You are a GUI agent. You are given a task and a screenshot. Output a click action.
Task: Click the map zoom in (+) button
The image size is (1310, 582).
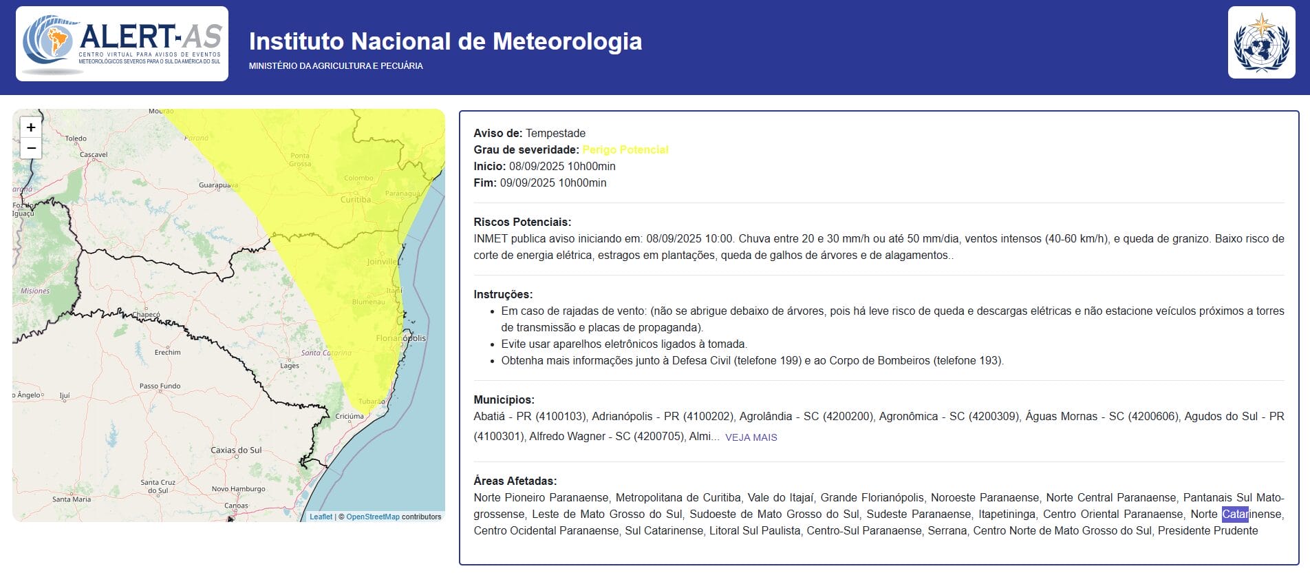point(31,127)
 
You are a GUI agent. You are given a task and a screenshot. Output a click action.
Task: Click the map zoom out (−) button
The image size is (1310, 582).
point(31,148)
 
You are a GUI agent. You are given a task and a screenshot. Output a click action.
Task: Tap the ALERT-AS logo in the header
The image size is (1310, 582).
point(122,43)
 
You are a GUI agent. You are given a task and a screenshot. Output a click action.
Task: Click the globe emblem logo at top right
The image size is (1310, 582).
point(1261,43)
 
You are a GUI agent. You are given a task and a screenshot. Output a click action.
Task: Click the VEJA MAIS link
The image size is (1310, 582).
point(751,437)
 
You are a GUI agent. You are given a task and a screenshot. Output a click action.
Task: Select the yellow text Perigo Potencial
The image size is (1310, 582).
point(625,149)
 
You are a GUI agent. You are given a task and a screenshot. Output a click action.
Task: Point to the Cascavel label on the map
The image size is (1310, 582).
point(94,154)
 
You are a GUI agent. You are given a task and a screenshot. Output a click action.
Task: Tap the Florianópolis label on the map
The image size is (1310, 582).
point(400,338)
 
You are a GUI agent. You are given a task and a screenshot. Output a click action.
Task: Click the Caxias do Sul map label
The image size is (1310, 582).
point(236,450)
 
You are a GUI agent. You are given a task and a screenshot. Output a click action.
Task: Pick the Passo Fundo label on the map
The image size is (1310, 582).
point(160,386)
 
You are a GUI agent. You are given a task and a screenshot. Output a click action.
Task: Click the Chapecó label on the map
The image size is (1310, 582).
point(146,314)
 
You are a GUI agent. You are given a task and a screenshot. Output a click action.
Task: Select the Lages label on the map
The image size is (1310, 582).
point(290,366)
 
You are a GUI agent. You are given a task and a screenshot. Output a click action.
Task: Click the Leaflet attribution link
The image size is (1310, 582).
point(321,517)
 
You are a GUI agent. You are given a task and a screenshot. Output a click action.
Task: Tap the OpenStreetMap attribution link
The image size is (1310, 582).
point(372,517)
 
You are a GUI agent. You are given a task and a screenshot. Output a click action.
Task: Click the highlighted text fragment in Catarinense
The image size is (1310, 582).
point(1234,514)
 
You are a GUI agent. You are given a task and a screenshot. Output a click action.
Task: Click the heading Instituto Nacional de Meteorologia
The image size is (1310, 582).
point(445,41)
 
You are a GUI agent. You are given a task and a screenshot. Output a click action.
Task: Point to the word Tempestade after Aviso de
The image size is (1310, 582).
point(555,133)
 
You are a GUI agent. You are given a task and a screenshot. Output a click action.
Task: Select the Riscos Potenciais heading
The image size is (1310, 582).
point(522,222)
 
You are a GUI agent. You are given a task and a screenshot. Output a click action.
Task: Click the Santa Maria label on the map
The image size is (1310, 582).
point(72,499)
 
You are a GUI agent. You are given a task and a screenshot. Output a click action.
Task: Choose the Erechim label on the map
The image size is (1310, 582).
point(167,352)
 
